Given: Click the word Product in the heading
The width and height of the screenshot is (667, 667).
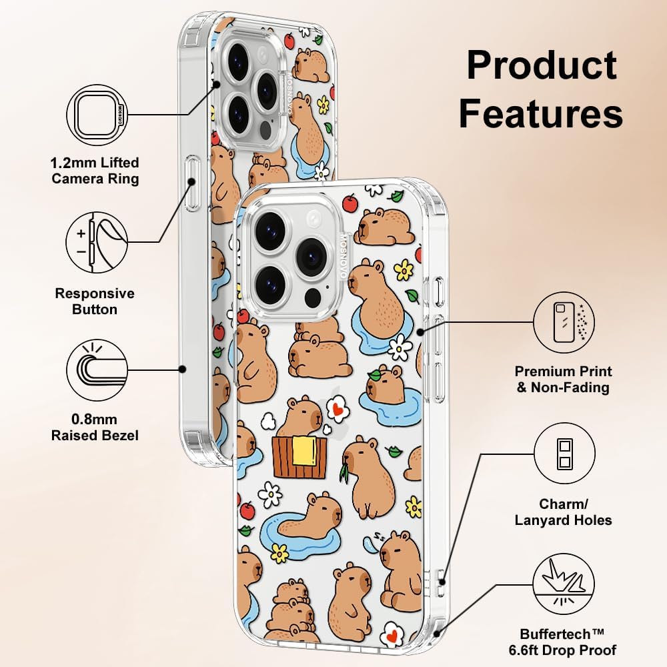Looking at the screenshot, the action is click(542, 65).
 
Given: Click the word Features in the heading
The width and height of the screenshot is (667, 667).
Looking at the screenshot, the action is click(541, 113).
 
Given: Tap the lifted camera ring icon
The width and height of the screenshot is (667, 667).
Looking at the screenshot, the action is click(97, 115).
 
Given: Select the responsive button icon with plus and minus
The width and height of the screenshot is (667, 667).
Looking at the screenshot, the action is click(97, 243).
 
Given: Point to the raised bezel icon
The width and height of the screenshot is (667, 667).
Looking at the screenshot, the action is click(97, 370).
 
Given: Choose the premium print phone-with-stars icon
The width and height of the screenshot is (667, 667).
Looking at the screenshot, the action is click(564, 322).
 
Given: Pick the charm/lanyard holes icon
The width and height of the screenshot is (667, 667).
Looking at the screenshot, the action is click(564, 454).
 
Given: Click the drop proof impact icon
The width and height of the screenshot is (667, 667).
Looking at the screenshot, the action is click(564, 584).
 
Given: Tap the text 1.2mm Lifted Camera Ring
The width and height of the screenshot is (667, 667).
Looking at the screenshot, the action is click(95, 170).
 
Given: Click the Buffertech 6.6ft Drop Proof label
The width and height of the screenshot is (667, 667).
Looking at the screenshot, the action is click(562, 642).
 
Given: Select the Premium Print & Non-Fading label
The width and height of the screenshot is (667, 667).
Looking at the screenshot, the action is click(563, 379).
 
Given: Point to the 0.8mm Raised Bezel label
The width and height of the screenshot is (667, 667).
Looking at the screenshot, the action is click(95, 427).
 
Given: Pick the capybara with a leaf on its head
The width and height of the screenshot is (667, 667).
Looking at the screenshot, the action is click(385, 386).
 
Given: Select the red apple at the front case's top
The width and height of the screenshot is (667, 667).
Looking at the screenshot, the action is click(350, 203).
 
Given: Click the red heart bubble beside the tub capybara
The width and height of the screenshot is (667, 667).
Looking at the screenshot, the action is click(338, 409).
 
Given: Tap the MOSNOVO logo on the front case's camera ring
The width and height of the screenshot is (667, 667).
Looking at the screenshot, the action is click(344, 257).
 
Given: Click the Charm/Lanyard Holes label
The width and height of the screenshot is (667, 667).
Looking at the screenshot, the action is click(563, 512).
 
